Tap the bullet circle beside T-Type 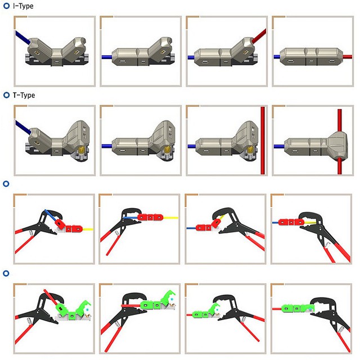[6, 95]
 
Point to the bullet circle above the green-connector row [6, 273]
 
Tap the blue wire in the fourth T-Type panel [280, 147]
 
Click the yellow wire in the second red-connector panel [172, 217]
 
